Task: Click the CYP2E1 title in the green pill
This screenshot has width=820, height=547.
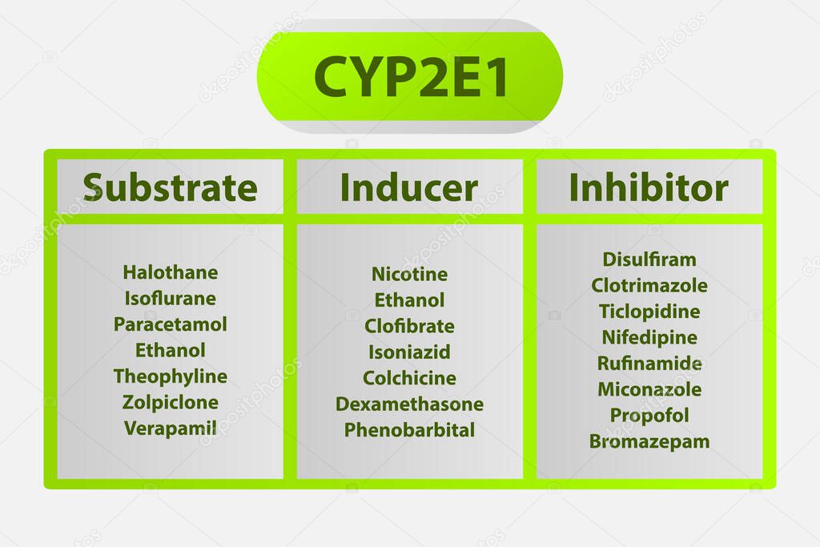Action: click(x=410, y=76)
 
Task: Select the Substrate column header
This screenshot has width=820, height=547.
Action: click(x=170, y=187)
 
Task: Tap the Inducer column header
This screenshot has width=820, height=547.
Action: click(x=409, y=187)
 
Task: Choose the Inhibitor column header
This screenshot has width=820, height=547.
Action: click(x=649, y=187)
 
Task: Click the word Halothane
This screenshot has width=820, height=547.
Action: click(x=170, y=272)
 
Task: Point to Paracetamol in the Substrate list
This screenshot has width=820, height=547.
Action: click(x=170, y=324)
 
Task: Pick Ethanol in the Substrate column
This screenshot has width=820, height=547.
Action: click(x=170, y=350)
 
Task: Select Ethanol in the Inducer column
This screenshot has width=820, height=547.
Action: click(x=409, y=300)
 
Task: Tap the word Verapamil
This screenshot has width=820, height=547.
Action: click(x=170, y=428)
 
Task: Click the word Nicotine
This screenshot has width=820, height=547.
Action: click(x=409, y=274)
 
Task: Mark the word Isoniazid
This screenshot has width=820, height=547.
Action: click(x=409, y=352)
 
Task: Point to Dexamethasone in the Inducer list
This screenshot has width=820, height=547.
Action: click(x=409, y=404)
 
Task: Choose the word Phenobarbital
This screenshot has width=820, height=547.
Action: click(x=409, y=430)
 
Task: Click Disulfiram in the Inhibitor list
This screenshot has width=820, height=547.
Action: click(x=649, y=259)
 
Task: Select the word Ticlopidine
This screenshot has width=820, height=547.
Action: click(x=649, y=312)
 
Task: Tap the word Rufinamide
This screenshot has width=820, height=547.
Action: click(x=649, y=364)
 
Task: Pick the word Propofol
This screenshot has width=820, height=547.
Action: click(x=649, y=415)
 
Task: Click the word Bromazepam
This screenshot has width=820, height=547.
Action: click(x=649, y=441)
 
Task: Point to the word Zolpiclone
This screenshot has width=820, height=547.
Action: click(x=170, y=402)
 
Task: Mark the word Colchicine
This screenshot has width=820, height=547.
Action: click(x=409, y=378)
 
